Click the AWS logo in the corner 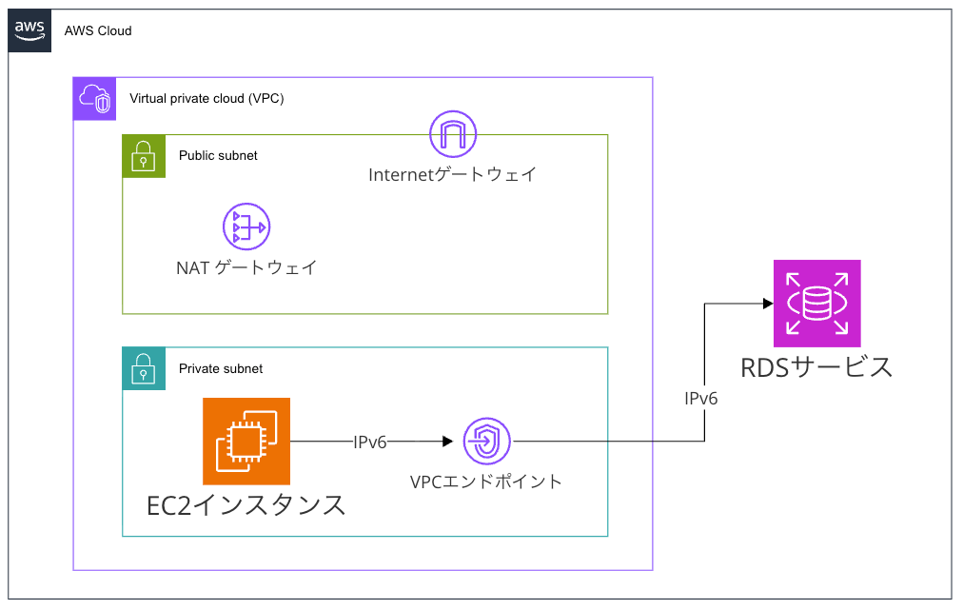pos(30,30)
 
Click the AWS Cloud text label pos(98,30)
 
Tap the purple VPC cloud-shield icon pos(94,98)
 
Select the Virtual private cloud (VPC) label pos(206,98)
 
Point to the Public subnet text pos(218,155)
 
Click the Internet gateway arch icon pos(453,134)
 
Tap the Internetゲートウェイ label pos(453,174)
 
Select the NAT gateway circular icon pos(246,226)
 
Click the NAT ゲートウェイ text pos(246,267)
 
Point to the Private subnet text pos(221,368)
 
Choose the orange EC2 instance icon pos(246,441)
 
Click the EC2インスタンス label pos(246,504)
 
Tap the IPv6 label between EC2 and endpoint pos(370,442)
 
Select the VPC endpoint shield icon pos(487,442)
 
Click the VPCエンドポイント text pos(486,482)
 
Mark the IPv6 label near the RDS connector pos(701,399)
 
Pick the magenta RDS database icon pos(816,304)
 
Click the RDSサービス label pos(816,366)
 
